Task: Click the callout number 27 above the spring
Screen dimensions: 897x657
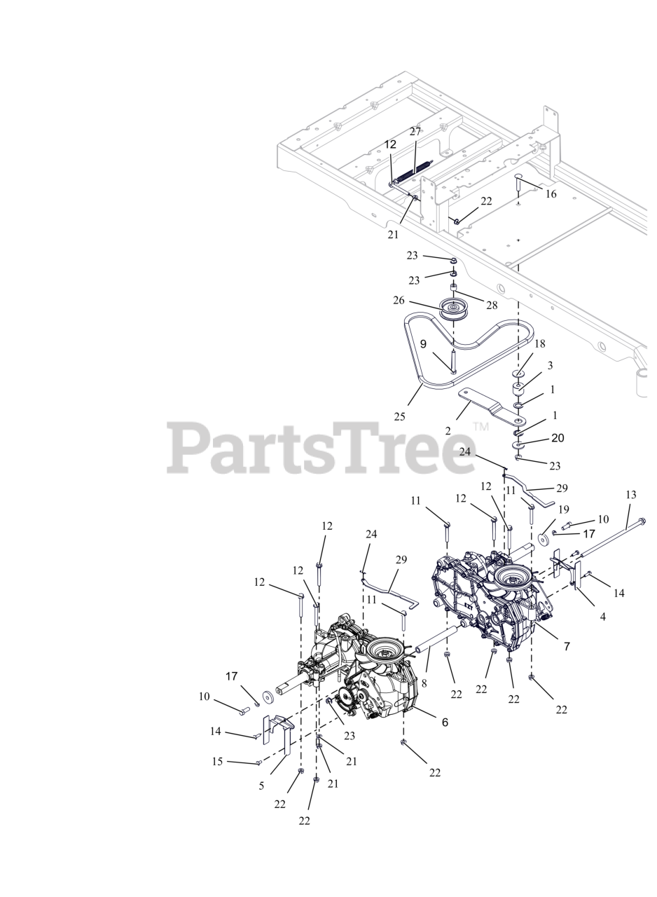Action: point(415,132)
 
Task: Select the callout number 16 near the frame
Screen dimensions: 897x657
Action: point(551,194)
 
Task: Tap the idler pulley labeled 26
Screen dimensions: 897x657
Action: point(454,309)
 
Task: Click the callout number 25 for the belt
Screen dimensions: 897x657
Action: point(399,416)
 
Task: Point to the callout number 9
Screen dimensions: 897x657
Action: point(423,344)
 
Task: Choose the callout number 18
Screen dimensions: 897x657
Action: point(539,344)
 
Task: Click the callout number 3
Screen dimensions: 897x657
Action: point(550,365)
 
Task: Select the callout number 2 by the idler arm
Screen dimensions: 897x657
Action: point(448,431)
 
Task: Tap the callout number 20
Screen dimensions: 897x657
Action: point(558,438)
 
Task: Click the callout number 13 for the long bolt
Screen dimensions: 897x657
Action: point(630,495)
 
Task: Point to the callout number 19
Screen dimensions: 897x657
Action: point(563,509)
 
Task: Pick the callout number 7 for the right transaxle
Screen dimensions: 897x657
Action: point(567,646)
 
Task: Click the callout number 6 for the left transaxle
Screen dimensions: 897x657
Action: point(445,722)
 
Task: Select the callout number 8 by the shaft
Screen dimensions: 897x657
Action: point(424,682)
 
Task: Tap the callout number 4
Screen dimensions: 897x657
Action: point(603,617)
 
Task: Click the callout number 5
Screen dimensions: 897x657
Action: point(261,786)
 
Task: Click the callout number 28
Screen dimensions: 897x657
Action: point(492,305)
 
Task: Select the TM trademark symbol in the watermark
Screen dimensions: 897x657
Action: point(480,426)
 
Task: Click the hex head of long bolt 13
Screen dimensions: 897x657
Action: point(642,521)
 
